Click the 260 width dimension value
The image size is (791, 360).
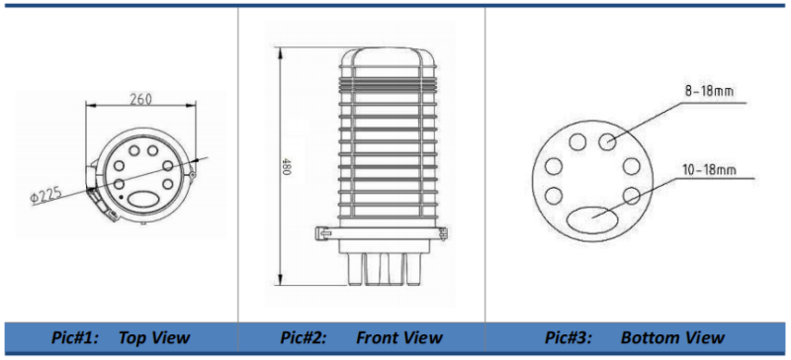pos(140,99)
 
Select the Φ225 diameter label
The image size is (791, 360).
pos(45,195)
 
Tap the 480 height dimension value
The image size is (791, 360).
pos(287,166)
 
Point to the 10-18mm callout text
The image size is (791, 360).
pos(709,169)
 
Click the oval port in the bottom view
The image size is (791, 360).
pos(592,220)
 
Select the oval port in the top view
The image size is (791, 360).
pos(143,199)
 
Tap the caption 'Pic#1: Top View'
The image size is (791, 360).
pos(121,337)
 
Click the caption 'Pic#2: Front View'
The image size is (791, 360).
pos(361,337)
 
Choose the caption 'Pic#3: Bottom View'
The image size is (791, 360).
pos(634,337)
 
